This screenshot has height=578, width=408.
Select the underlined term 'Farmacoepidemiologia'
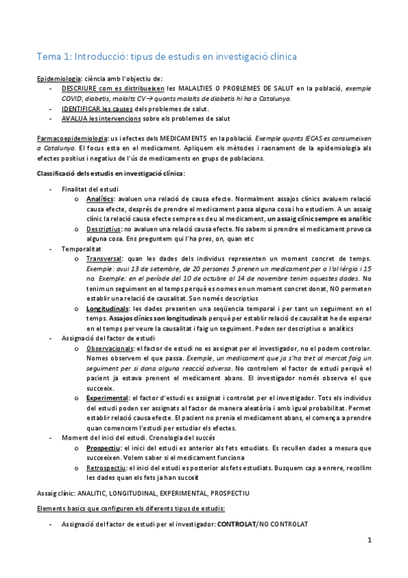tap(72, 138)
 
